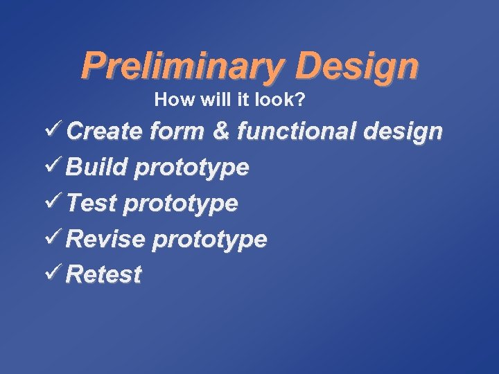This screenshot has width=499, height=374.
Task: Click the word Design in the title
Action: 356,67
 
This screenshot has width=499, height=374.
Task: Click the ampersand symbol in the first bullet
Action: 222,131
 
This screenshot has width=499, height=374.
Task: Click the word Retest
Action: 105,275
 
